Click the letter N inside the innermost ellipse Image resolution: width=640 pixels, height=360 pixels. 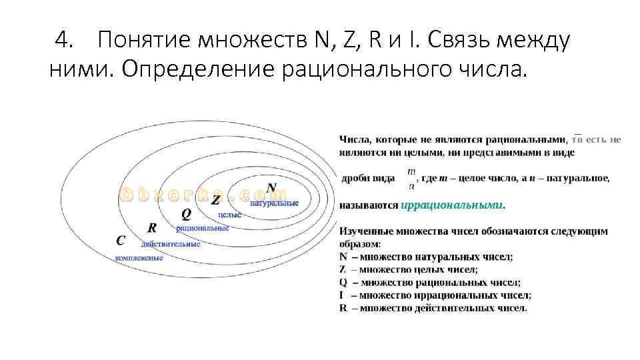point(271,187)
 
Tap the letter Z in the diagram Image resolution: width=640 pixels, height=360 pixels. point(215,200)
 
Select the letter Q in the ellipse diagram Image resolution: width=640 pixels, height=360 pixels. point(186,214)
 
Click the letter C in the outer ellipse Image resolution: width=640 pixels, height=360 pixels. point(120,241)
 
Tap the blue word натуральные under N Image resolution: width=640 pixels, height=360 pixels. point(274,202)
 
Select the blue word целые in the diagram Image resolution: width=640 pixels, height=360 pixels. point(229,215)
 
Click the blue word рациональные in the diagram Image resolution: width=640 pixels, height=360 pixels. point(203,228)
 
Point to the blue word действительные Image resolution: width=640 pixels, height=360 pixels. point(171,243)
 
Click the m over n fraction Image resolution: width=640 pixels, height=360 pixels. point(411,178)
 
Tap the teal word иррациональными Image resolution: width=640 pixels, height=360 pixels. point(453,205)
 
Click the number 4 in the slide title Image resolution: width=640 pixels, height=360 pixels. point(63,41)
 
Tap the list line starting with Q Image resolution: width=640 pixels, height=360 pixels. point(430,282)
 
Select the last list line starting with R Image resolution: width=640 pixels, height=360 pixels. point(433,308)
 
